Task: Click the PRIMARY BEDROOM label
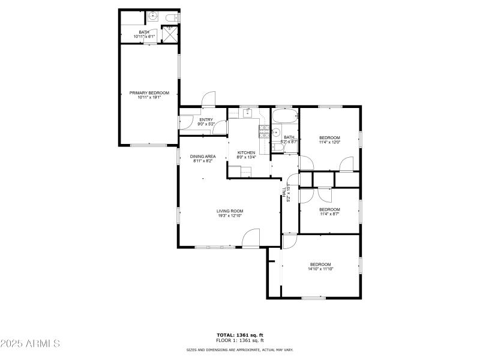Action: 149,93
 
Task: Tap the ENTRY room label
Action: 206,119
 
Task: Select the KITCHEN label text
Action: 246,152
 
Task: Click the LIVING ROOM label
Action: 230,211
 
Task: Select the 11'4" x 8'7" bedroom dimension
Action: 329,214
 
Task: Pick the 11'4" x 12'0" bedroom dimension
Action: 329,142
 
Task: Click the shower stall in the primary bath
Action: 171,34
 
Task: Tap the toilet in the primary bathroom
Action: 170,17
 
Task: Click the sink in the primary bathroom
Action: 152,17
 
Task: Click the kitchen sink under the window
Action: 247,112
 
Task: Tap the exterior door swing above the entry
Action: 208,100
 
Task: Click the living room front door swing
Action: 251,239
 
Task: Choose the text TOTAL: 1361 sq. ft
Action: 240,335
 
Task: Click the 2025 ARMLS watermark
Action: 30,344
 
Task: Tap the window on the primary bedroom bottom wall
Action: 148,145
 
